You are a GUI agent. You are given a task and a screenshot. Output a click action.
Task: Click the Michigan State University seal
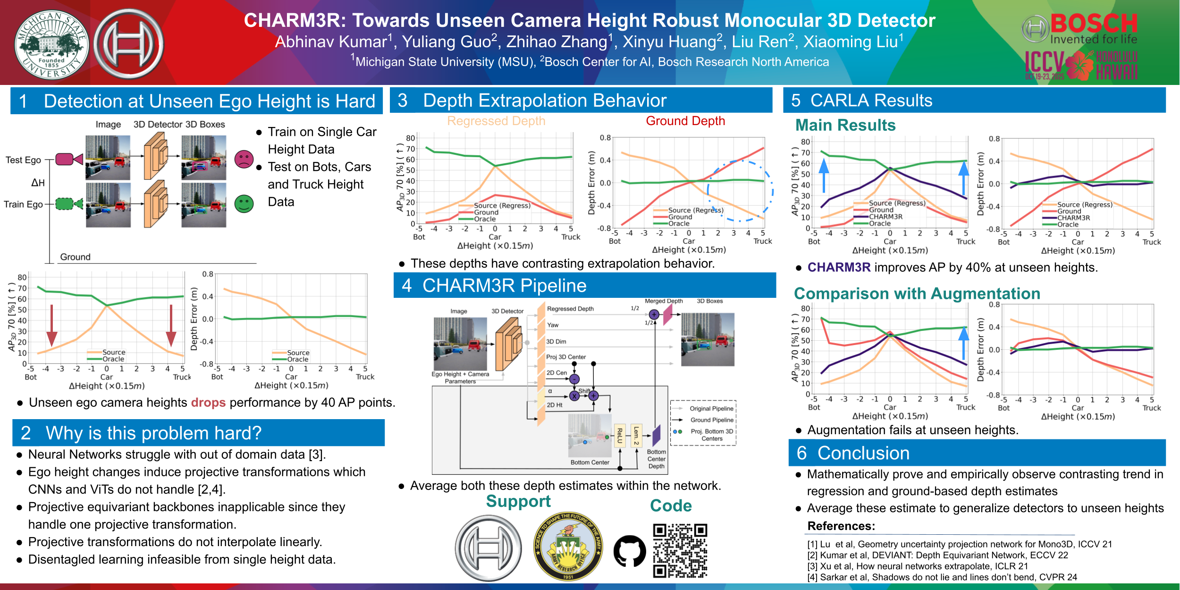coord(51,45)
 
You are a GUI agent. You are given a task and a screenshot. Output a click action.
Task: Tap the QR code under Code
coord(680,551)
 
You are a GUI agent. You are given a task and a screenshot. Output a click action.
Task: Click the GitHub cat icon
coord(630,551)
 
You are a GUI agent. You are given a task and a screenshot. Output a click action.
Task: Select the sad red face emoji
coord(244,160)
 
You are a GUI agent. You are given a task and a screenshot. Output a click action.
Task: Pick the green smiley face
coord(244,203)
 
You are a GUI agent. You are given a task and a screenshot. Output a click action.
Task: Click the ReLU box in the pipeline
coord(619,435)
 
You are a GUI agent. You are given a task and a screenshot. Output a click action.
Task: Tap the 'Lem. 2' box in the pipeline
coord(636,435)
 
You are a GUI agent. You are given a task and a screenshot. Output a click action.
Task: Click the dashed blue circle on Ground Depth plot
coord(740,191)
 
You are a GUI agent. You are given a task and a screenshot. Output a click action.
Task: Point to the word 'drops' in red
coord(208,403)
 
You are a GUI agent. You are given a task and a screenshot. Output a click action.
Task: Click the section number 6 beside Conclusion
coord(801,453)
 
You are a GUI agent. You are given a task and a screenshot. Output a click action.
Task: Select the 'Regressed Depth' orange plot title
coord(496,121)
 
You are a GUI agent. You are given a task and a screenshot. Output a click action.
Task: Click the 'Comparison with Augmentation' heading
coord(917,294)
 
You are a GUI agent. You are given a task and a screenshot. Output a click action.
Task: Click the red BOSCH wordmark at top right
coord(1094,24)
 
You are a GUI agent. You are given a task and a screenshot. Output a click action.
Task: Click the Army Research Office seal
coord(568,546)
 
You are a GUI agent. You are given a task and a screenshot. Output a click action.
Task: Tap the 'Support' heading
coord(518,501)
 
